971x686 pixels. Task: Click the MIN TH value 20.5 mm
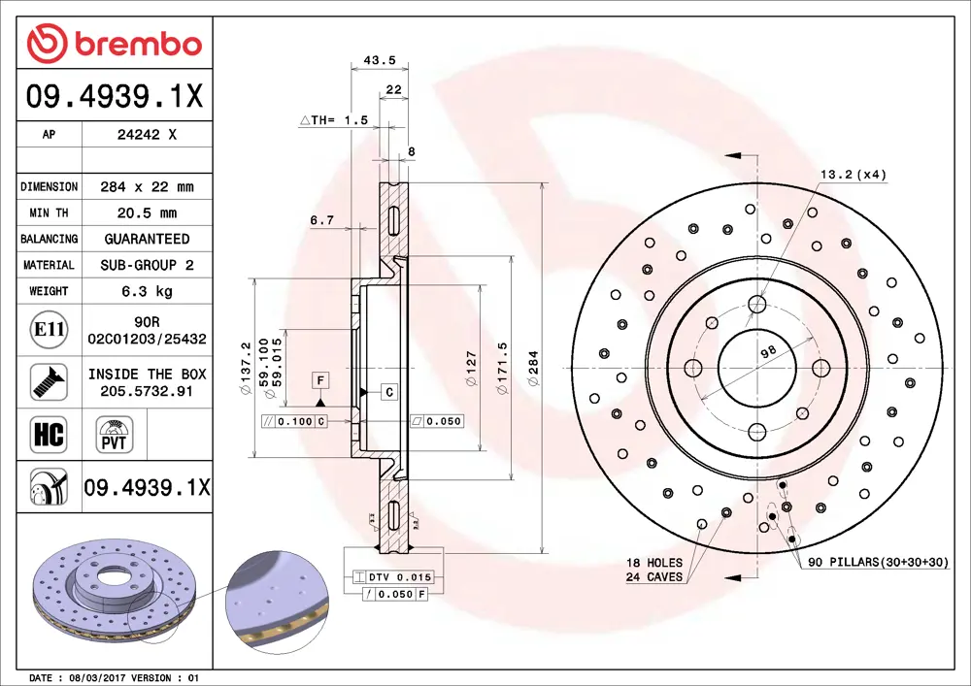point(147,212)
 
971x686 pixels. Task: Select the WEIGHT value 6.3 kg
point(147,291)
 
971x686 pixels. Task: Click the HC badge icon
point(49,434)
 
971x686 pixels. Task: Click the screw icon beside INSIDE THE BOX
point(49,381)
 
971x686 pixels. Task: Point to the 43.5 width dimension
point(379,60)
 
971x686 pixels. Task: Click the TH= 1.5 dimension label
point(335,120)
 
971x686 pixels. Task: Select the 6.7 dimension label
point(321,220)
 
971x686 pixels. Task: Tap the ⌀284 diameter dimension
point(532,369)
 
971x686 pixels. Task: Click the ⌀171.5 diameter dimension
point(502,369)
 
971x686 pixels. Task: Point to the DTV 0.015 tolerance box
point(397,577)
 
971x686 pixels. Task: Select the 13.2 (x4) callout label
point(853,175)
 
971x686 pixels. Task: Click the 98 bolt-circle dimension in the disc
point(767,354)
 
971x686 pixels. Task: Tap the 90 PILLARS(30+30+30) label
point(878,563)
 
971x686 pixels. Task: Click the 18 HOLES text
point(653,563)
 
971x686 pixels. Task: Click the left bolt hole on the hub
point(693,368)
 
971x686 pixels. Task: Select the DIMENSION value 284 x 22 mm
point(147,186)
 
